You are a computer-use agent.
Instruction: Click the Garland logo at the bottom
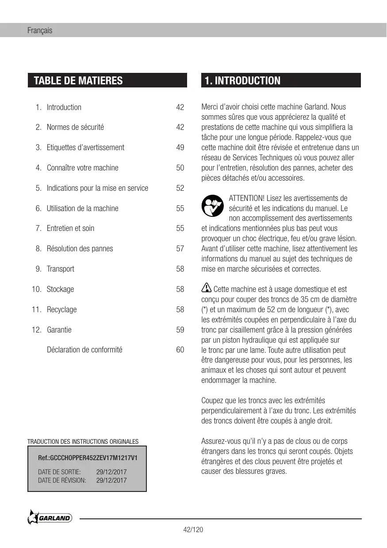pyautogui.click(x=50, y=518)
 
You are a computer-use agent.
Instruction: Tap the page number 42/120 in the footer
pyautogui.click(x=193, y=530)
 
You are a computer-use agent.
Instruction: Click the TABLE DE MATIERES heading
pyautogui.click(x=78, y=80)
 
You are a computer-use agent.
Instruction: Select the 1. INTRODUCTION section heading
pyautogui.click(x=242, y=80)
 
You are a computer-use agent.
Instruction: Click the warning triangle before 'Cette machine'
pyautogui.click(x=206, y=289)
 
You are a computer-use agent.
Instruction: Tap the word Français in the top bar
pyautogui.click(x=40, y=30)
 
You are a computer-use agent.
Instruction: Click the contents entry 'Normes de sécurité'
pyautogui.click(x=75, y=127)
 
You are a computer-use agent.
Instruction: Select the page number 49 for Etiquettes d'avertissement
pyautogui.click(x=180, y=147)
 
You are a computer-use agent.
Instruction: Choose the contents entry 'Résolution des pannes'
pyautogui.click(x=80, y=249)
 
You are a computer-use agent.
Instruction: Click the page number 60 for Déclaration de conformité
pyautogui.click(x=180, y=350)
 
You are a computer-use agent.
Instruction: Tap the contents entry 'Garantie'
pyautogui.click(x=59, y=330)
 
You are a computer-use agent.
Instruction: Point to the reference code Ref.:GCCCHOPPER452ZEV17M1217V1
pyautogui.click(x=88, y=458)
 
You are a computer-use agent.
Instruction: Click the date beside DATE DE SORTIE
pyautogui.click(x=111, y=472)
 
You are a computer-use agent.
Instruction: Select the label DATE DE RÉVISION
pyautogui.click(x=62, y=480)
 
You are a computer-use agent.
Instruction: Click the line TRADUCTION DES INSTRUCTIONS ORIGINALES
pyautogui.click(x=83, y=441)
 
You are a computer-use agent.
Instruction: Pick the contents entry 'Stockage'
pyautogui.click(x=60, y=289)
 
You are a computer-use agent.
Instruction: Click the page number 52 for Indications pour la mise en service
pyautogui.click(x=180, y=188)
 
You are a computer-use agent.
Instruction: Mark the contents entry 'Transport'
pyautogui.click(x=60, y=269)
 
